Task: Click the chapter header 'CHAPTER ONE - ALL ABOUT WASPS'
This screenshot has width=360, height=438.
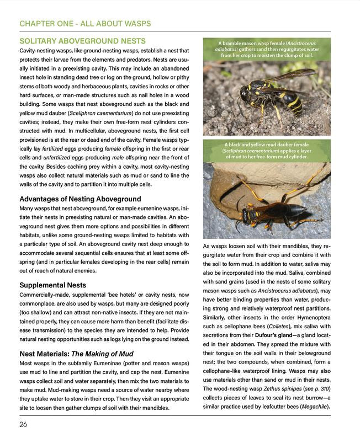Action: pyautogui.click(x=84, y=24)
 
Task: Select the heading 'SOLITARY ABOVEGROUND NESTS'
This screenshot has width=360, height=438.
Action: pyautogui.click(x=82, y=41)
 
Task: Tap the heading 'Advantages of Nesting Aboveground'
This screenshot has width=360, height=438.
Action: pyautogui.click(x=80, y=199)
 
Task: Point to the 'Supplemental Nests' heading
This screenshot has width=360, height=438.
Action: pyautogui.click(x=52, y=285)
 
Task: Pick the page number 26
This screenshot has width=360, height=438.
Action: pyautogui.click(x=23, y=424)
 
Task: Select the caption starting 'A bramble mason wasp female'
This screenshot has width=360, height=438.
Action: pyautogui.click(x=267, y=49)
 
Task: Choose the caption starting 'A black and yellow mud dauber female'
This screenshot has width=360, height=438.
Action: pyautogui.click(x=267, y=151)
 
